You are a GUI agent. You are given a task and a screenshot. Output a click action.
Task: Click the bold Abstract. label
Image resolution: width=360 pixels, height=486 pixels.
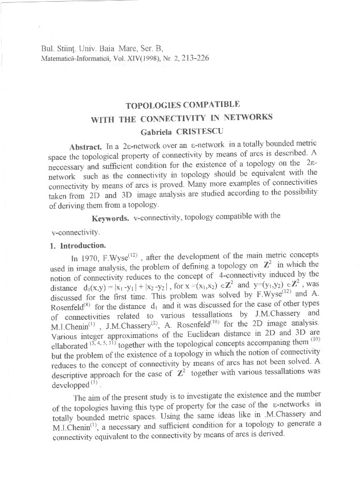85,147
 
